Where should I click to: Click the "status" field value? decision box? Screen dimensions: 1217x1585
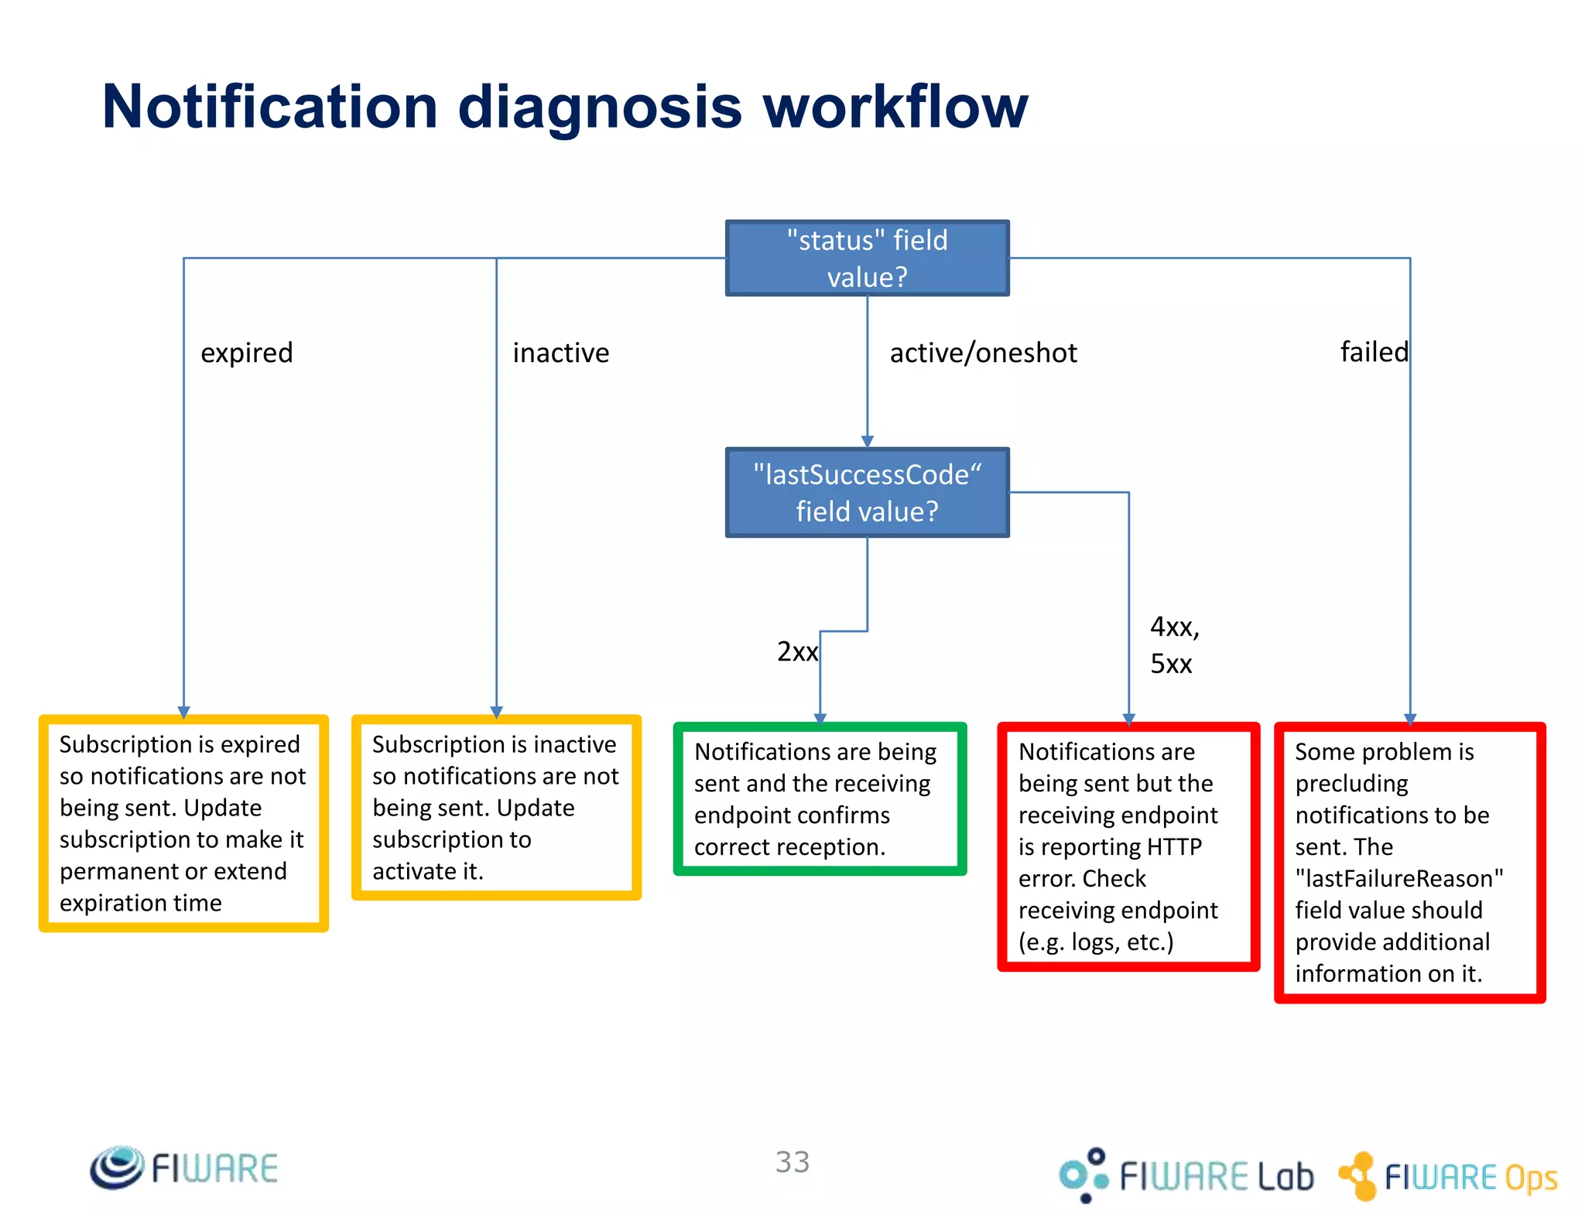pos(867,258)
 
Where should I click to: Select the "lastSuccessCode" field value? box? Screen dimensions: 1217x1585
pos(867,492)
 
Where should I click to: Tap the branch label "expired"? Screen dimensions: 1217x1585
pos(247,353)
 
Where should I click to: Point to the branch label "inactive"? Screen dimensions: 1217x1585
pos(560,353)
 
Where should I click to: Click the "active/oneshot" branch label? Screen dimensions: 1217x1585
pos(983,353)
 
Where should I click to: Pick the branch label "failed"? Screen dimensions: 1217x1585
pos(1374,352)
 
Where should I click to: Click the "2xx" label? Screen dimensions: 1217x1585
pos(796,651)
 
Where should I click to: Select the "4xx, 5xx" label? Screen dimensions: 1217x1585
pos(1173,644)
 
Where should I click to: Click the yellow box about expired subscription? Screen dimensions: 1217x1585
pos(183,823)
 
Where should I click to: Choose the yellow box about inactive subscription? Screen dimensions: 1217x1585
pos(496,807)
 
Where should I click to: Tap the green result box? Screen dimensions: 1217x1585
pos(820,799)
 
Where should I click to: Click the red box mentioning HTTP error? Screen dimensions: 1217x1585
pos(1128,846)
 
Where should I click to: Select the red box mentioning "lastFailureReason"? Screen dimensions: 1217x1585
pos(1409,862)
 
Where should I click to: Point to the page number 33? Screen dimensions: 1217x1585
pos(792,1162)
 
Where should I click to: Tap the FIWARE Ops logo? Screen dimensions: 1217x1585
pos(1448,1176)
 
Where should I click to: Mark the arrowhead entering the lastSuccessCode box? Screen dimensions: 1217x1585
pos(867,441)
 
